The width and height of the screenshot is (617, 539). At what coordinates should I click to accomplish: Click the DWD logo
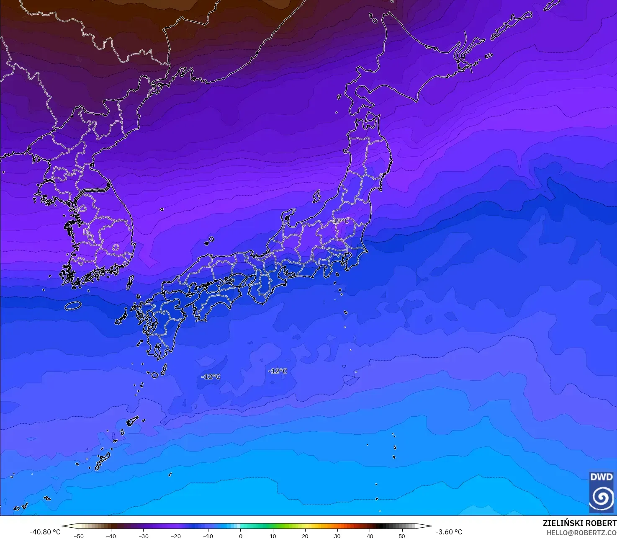tap(602, 492)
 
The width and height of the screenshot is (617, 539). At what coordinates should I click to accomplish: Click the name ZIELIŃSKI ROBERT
tap(579, 523)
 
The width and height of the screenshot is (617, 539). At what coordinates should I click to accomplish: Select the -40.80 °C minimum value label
tap(45, 532)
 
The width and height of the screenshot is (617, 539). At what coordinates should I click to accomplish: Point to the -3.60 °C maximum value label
tap(449, 532)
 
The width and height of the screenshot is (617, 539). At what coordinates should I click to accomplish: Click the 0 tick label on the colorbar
tap(240, 536)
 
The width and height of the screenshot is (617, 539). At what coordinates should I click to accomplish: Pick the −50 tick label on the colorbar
tap(78, 536)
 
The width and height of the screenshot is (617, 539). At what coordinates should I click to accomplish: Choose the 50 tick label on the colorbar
tap(402, 536)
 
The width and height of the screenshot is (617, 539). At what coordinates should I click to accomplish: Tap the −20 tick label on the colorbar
tap(175, 536)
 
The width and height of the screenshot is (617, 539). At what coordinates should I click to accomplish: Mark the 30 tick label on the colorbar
tap(337, 536)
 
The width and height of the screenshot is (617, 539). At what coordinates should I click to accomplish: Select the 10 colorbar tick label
tap(273, 536)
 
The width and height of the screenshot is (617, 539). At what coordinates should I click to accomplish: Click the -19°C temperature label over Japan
tap(340, 221)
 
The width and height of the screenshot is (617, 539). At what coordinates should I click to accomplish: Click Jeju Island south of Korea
tap(73, 306)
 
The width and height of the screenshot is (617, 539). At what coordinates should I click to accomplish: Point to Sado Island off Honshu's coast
tap(316, 196)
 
